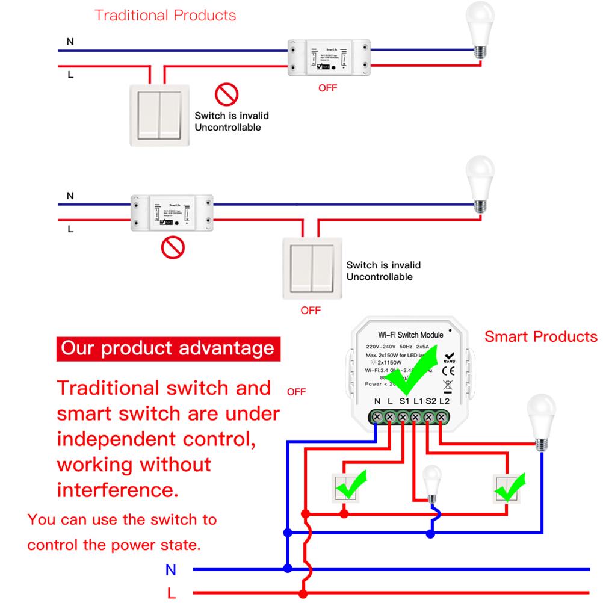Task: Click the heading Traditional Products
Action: pyautogui.click(x=165, y=15)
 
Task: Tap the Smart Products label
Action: pyautogui.click(x=540, y=336)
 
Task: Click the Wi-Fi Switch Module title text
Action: pyautogui.click(x=410, y=334)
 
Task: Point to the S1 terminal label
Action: pyautogui.click(x=404, y=401)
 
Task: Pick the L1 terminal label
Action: pyautogui.click(x=418, y=401)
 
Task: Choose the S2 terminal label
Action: pyautogui.click(x=431, y=401)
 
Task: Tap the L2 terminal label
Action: pyautogui.click(x=445, y=401)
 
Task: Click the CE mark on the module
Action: pyautogui.click(x=448, y=371)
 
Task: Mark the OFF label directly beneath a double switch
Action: pyautogui.click(x=311, y=311)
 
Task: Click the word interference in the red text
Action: pyautogui.click(x=117, y=489)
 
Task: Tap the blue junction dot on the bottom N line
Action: pyautogui.click(x=288, y=568)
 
